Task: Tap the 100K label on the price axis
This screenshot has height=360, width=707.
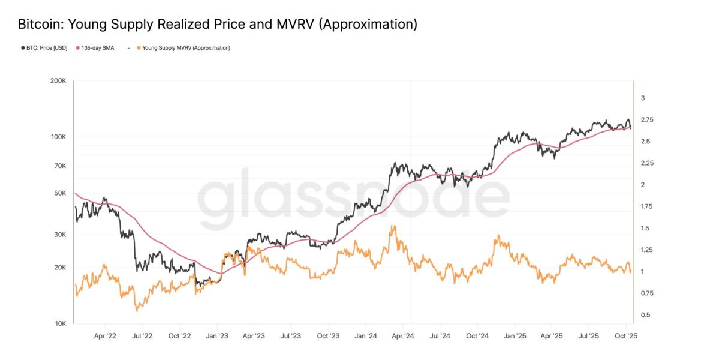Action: pyautogui.click(x=58, y=137)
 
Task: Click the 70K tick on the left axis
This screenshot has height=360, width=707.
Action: pyautogui.click(x=60, y=166)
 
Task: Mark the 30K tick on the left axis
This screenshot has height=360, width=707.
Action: pyautogui.click(x=60, y=235)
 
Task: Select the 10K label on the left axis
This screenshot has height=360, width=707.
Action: pyautogui.click(x=60, y=324)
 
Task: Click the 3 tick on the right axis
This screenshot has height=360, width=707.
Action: pyautogui.click(x=643, y=98)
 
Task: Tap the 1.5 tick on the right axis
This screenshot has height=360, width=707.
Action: pyautogui.click(x=645, y=228)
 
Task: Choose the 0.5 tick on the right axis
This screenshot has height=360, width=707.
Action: pyautogui.click(x=645, y=315)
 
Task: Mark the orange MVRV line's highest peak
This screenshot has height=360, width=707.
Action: pyautogui.click(x=393, y=226)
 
